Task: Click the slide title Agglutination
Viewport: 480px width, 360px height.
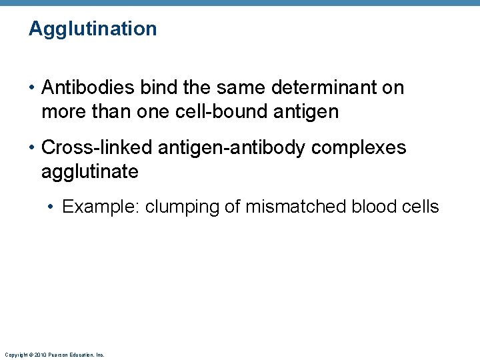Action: [93, 29]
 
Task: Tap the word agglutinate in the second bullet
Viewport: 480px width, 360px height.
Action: [90, 171]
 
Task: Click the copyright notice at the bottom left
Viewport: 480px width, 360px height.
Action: [54, 355]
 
